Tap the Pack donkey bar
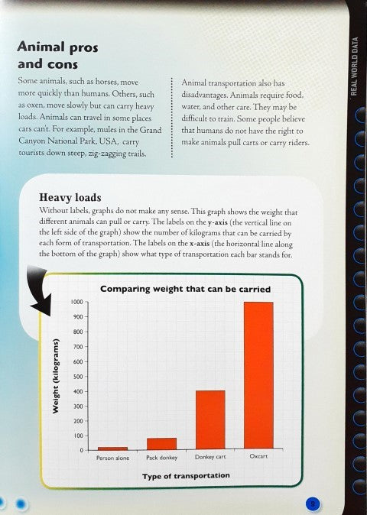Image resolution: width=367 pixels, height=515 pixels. pos(161,443)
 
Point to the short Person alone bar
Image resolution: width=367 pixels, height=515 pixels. pos(113,448)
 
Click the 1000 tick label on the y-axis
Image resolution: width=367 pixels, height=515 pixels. pos(76,302)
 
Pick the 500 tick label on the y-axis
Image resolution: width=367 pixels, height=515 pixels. pos(77,376)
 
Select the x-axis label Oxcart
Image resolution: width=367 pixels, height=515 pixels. pos(258,457)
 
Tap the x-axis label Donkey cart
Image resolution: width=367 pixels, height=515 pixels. pos(209,458)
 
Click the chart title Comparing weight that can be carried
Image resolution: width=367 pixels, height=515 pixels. pos(185,289)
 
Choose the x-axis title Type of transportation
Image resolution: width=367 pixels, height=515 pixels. pos(186,475)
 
